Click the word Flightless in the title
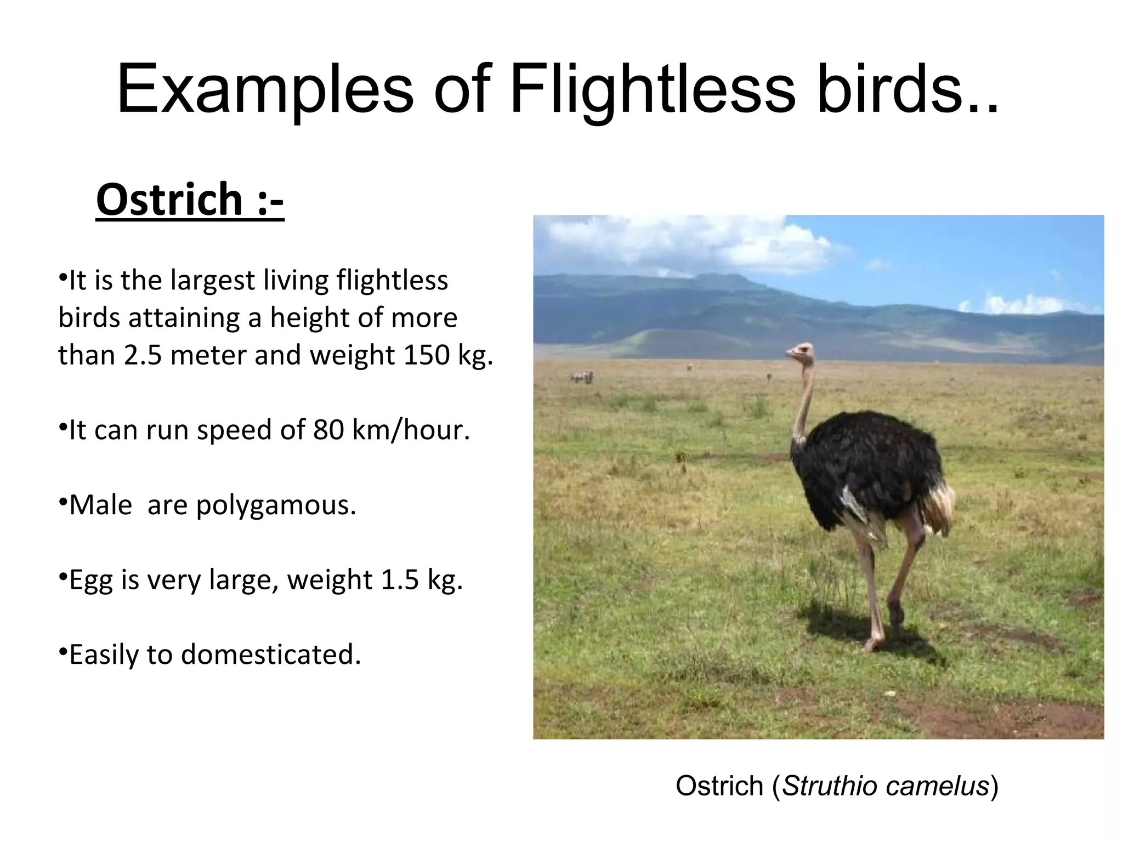pyautogui.click(x=652, y=89)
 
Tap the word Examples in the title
pyautogui.click(x=265, y=89)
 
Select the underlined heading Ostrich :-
pyautogui.click(x=190, y=200)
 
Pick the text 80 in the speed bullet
pyautogui.click(x=328, y=430)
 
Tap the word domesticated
pyautogui.click(x=271, y=655)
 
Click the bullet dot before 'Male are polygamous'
pyautogui.click(x=63, y=501)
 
